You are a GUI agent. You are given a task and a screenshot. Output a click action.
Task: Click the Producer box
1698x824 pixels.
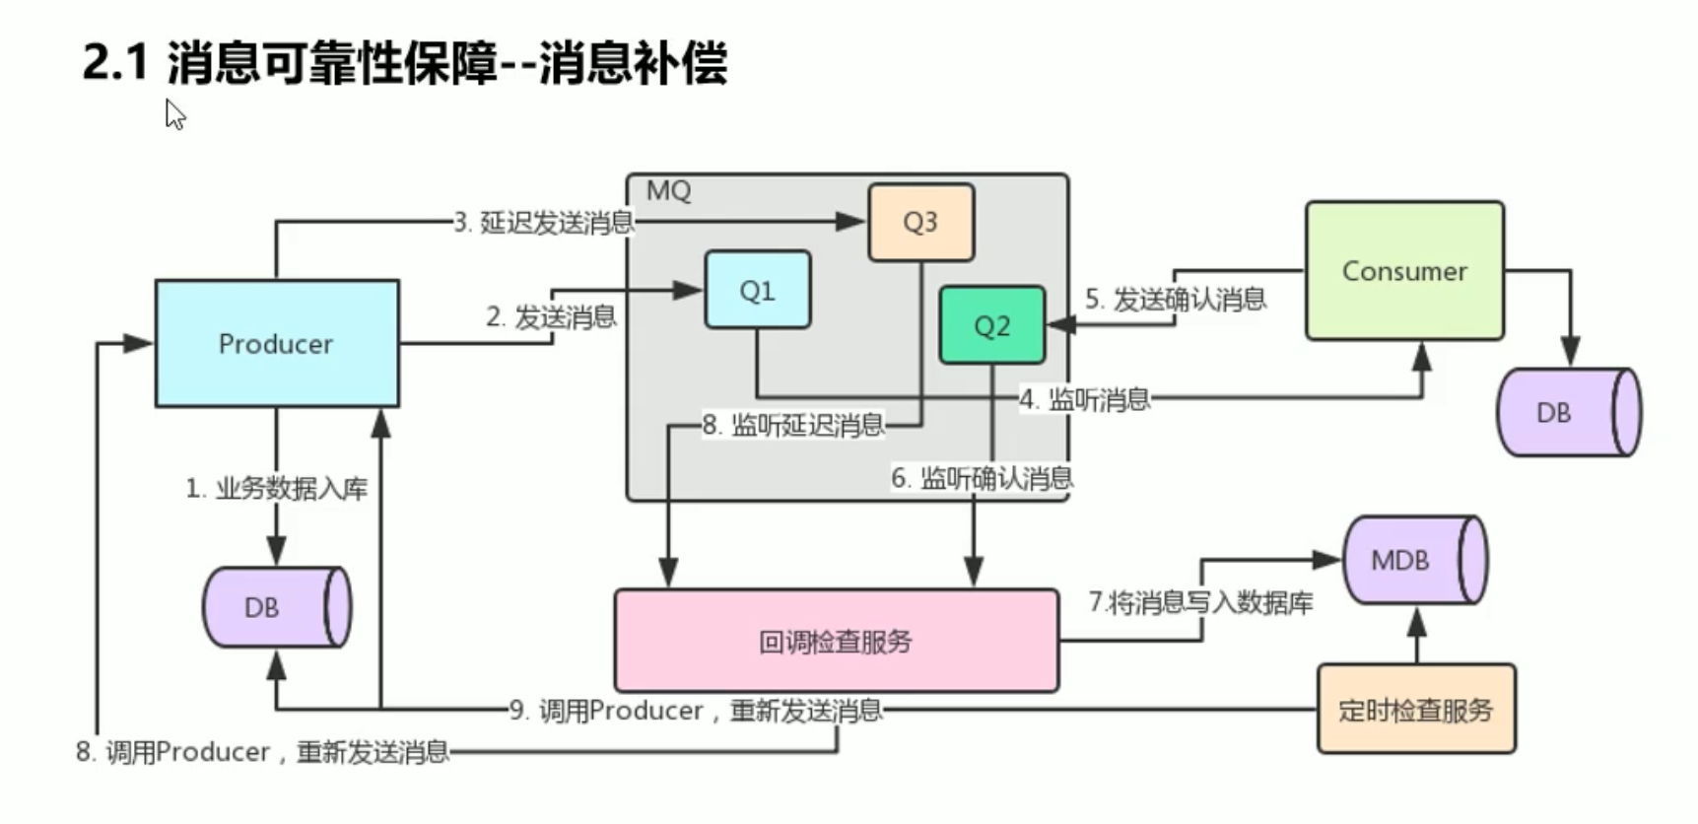277,343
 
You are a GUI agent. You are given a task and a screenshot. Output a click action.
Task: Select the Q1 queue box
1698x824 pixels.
757,290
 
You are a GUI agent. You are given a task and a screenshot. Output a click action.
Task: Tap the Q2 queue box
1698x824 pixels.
991,325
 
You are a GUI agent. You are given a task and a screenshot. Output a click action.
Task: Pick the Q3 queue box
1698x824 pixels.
920,222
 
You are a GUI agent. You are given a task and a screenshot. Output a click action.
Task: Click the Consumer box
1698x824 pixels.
1404,271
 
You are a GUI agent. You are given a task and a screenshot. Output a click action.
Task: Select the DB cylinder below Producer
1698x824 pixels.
276,607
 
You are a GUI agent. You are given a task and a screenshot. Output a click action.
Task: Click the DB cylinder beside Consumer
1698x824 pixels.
1567,412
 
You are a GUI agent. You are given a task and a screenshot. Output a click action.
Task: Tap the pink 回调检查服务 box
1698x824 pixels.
836,642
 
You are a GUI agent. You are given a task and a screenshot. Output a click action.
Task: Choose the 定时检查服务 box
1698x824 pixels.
1415,710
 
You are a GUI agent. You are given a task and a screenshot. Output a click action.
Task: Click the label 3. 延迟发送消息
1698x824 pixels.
544,223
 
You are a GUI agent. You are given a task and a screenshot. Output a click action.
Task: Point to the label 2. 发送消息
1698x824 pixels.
551,317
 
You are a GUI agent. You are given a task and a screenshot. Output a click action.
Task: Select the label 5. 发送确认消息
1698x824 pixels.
1176,300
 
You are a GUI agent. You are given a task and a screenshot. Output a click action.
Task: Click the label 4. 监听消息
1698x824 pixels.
1085,399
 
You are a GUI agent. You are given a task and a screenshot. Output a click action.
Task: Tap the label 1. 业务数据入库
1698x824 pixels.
277,488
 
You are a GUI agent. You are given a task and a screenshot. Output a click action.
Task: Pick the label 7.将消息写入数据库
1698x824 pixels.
1200,602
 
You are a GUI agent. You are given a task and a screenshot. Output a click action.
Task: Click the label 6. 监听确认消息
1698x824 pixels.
982,478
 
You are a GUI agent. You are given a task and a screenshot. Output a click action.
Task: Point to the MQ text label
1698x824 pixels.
668,191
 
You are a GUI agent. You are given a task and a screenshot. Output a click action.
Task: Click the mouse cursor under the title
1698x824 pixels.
174,113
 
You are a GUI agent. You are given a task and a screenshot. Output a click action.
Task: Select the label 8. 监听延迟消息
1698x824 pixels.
793,426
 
